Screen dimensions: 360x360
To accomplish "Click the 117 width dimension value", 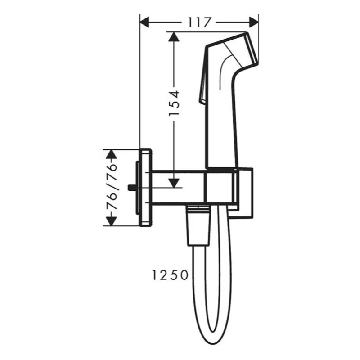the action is coord(199,22).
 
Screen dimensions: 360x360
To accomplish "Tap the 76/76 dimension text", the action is coord(112,187).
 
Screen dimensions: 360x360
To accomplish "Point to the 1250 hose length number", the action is coord(170,275).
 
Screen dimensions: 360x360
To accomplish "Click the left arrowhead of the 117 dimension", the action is coord(144,22).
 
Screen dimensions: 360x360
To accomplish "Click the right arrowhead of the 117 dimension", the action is coord(254,22).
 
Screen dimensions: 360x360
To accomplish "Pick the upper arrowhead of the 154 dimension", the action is coord(174,37).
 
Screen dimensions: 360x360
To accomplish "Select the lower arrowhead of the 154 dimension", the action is coord(174,183).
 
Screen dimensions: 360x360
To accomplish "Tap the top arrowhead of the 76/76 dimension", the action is coord(112,154).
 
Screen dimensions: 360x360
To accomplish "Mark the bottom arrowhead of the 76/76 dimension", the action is coord(112,221).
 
